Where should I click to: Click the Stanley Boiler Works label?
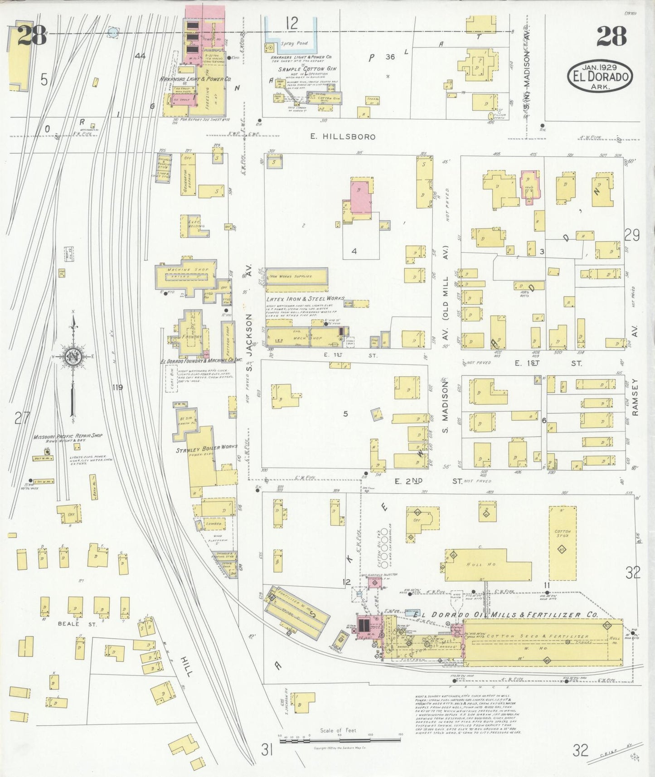(x=207, y=447)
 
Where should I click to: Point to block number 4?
(x=354, y=251)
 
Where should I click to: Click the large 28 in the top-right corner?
(x=611, y=36)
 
